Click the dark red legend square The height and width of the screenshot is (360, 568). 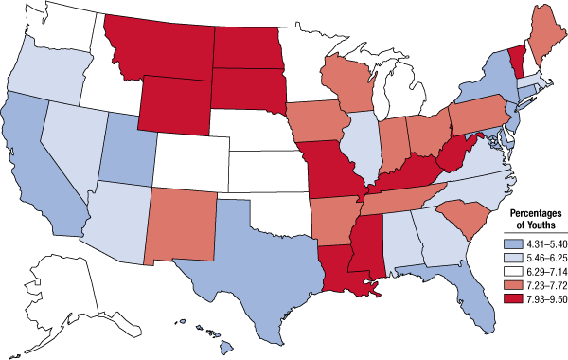(514, 298)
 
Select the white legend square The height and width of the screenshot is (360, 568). (514, 270)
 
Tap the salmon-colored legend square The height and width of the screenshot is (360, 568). (514, 284)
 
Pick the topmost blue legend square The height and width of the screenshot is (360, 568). (514, 243)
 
